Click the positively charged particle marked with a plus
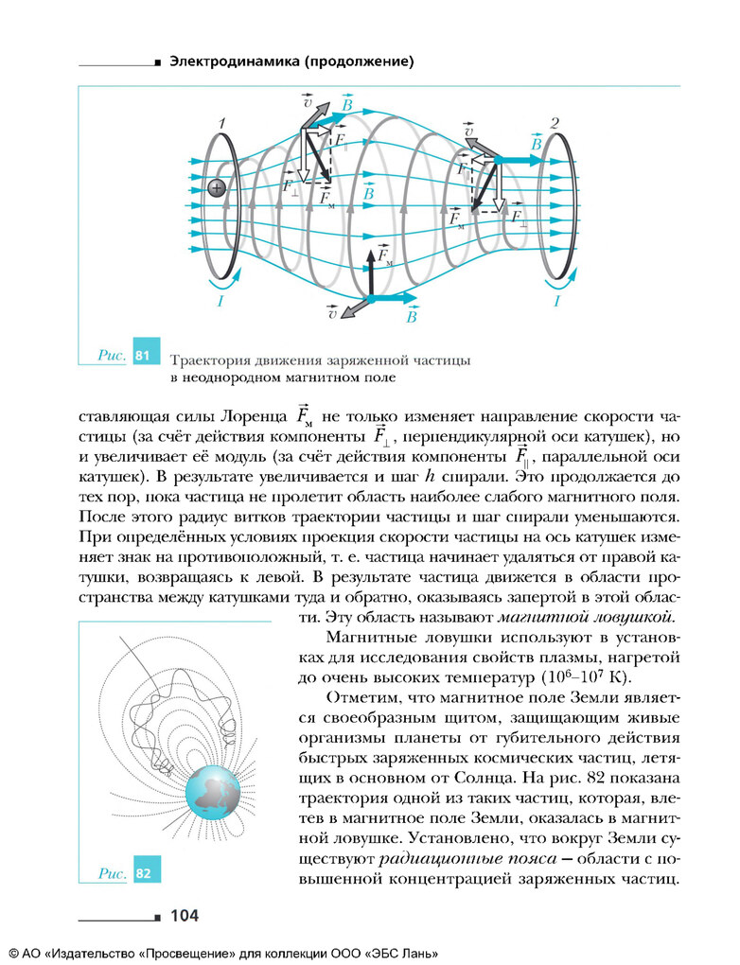pos(217,188)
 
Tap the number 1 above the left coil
pos(220,123)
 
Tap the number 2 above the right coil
pos(555,123)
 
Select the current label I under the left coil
pos(220,301)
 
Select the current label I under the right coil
pos(556,301)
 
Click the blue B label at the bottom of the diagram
pos(412,318)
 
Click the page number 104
pos(184,915)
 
